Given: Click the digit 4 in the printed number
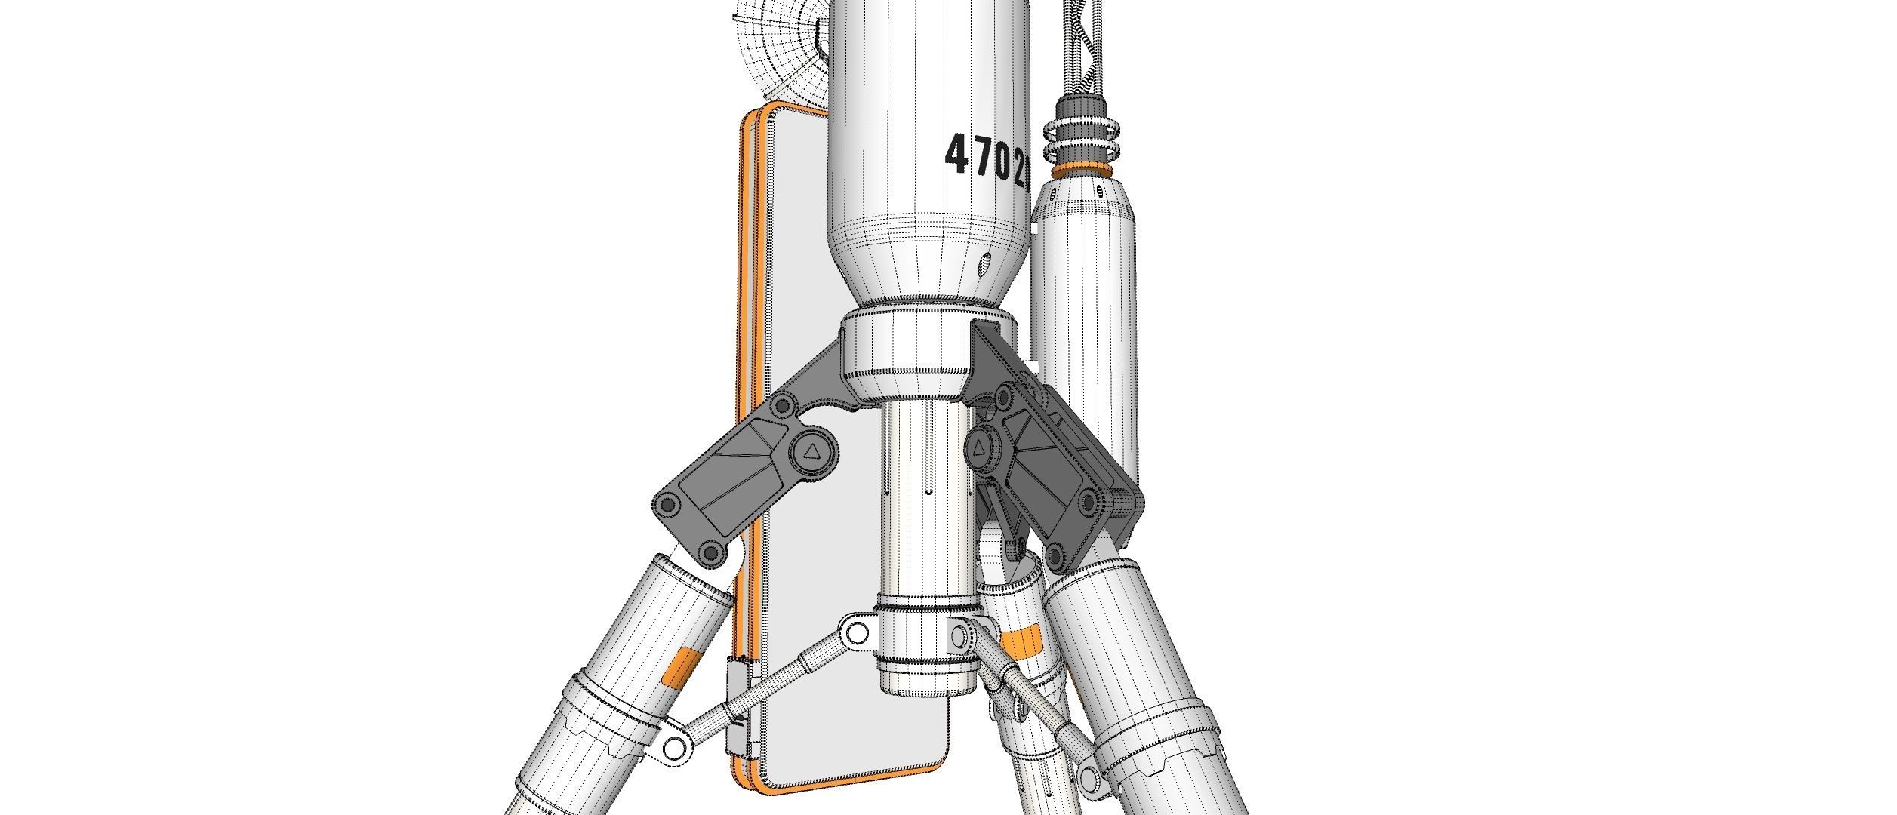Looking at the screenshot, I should (957, 153).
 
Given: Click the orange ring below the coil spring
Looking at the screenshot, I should (1082, 171).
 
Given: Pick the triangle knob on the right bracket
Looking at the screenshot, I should (978, 448).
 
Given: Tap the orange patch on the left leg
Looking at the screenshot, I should (151, 666).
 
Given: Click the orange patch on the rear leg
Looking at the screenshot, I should (1022, 641).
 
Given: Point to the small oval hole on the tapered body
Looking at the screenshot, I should (984, 265).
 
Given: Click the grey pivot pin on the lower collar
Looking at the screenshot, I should (958, 635).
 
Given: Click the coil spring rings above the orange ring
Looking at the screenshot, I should (1082, 136).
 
